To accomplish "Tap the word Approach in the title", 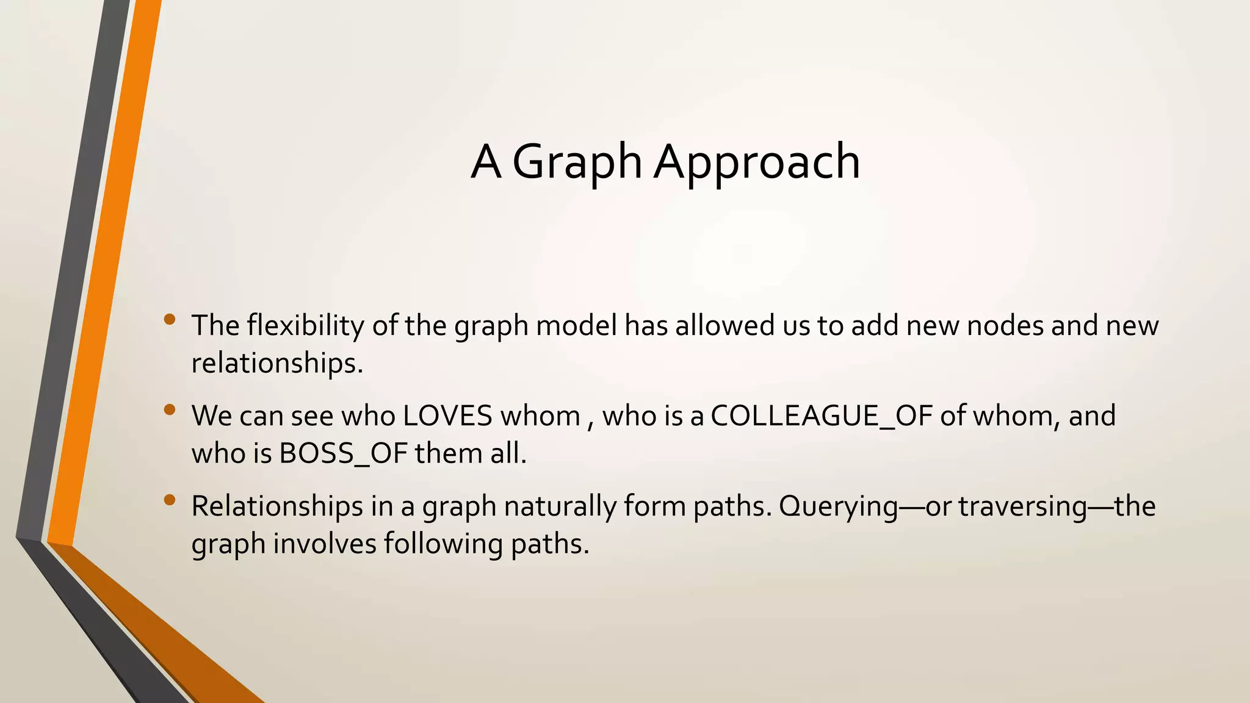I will (757, 162).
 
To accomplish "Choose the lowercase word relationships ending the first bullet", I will (276, 364).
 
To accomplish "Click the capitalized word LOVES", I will (447, 416).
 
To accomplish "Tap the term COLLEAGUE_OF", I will (822, 416).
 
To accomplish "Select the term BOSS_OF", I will (343, 453).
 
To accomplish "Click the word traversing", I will (1022, 507).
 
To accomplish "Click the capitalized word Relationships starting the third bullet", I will (276, 507).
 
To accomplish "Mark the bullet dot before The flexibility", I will (170, 319).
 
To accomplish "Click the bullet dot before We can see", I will (170, 409).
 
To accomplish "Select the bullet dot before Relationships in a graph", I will (170, 500).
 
